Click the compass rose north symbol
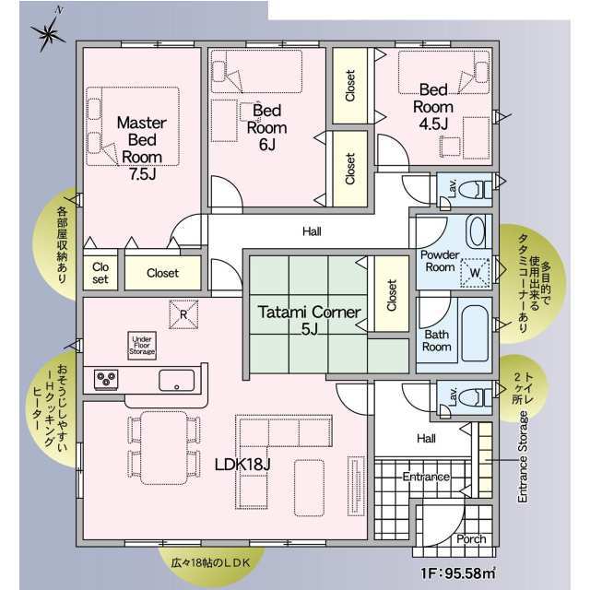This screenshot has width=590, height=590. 49,33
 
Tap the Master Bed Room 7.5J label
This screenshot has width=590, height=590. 142,148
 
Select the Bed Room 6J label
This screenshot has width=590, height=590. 266,127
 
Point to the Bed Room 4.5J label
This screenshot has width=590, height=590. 433,107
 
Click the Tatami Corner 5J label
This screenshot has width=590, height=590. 310,320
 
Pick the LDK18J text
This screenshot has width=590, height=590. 242,465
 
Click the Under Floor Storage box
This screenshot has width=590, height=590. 142,346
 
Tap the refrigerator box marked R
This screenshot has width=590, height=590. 183,314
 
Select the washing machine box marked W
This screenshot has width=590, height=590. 475,273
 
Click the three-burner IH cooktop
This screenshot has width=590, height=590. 107,379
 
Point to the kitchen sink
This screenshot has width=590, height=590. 176,381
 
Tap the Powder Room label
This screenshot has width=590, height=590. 440,261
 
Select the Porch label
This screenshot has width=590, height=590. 471,538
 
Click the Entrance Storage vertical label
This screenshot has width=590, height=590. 523,457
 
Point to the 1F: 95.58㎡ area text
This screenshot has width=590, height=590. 458,573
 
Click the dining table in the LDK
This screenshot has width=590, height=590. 164,448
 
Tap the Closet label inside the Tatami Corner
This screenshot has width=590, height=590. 392,295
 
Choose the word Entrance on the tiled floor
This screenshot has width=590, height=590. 426,477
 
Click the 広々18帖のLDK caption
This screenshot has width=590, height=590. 210,563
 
